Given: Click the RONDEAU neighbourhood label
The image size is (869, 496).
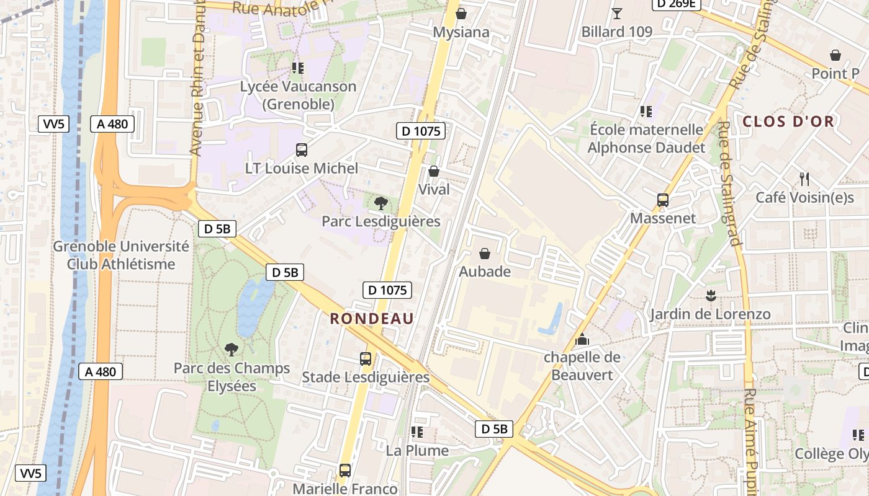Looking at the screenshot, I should (x=372, y=319).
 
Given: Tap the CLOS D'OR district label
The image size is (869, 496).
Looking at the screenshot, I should (x=788, y=122).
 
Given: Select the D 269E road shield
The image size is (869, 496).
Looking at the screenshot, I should (x=676, y=4).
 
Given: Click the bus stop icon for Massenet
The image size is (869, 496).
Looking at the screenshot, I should (x=663, y=200).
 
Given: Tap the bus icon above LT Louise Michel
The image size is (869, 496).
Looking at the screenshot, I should (x=302, y=149).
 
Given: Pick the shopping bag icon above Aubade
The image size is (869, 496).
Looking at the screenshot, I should (x=485, y=254).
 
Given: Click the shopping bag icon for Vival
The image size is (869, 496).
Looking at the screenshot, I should (x=434, y=171).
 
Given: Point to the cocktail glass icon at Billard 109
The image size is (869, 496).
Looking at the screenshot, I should (x=616, y=13).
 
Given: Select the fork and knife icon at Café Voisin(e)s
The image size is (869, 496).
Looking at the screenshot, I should (x=804, y=179).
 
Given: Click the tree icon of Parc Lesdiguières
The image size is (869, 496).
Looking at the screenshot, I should (x=381, y=203).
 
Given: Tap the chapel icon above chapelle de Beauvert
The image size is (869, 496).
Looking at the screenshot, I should (x=582, y=339).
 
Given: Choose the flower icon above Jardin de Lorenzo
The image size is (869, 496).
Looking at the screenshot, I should (x=710, y=295).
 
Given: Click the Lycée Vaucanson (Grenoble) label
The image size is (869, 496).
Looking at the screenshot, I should (x=299, y=95).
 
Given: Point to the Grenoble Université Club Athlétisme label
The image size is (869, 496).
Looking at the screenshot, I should (x=121, y=255).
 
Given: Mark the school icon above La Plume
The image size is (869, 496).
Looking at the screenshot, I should (x=417, y=432).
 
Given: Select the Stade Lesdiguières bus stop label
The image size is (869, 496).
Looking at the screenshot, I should (x=366, y=377).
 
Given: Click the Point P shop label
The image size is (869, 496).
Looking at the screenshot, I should (x=835, y=74).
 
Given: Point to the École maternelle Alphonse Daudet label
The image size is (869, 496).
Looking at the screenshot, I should (x=646, y=138).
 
